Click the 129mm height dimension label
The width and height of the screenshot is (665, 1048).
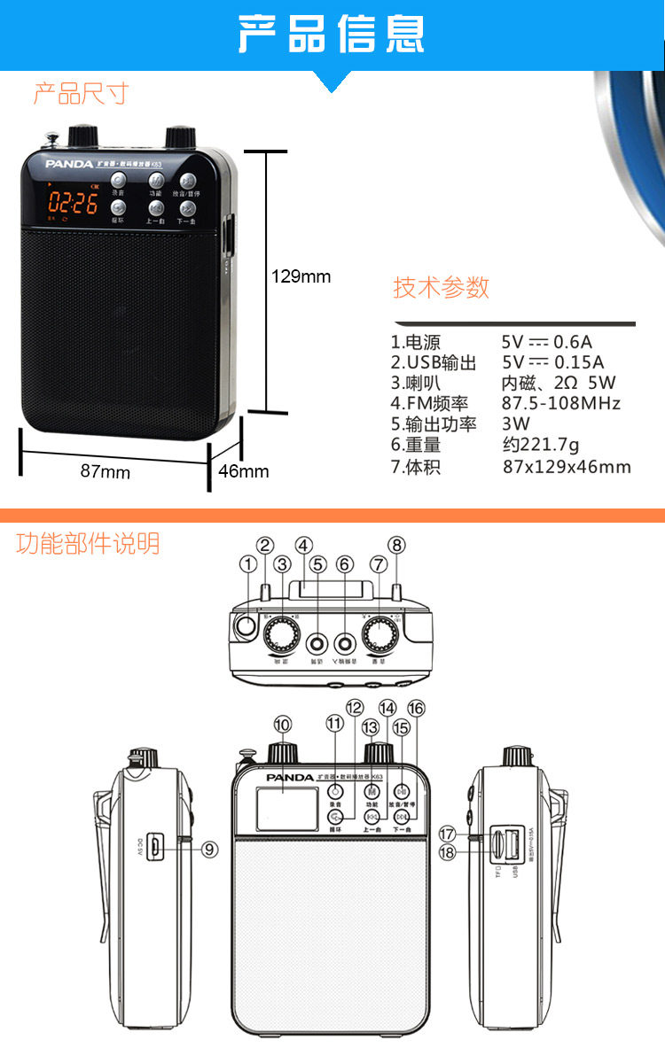pos(301,277)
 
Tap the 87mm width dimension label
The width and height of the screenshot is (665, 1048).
pos(106,472)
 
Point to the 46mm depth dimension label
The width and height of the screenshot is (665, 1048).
pos(244,471)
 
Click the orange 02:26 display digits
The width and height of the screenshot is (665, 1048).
pos(73,203)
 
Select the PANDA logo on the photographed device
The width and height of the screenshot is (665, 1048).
pos(63,164)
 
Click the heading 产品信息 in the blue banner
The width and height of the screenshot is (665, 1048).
pos(332,35)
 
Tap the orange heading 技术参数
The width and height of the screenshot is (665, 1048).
pos(442,288)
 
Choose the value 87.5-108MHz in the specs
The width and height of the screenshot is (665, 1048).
pos(561,404)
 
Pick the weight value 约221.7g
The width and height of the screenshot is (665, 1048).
pos(540,446)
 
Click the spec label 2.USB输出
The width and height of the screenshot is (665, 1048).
pos(434,362)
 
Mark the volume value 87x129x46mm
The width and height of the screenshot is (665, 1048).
pos(567,467)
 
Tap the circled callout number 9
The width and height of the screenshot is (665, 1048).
pos(210,849)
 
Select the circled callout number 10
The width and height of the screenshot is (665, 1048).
pos(282,725)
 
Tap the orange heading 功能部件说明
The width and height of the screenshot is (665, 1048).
pos(88,543)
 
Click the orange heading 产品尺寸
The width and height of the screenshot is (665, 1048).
pos(81,94)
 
